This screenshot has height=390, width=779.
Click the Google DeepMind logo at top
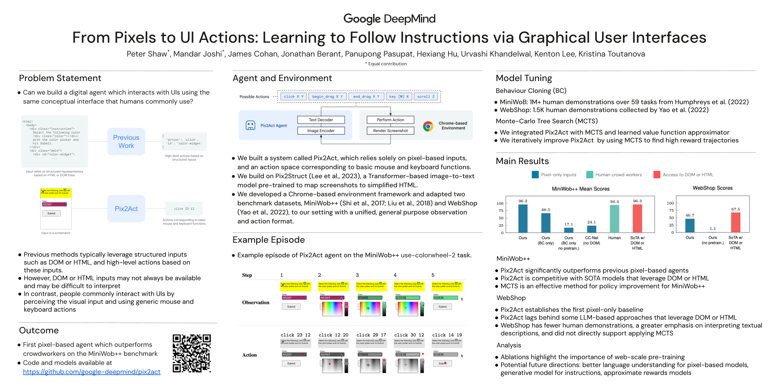click(x=389, y=19)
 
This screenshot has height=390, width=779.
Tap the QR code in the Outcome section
click(x=192, y=353)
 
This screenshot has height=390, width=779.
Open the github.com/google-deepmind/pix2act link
click(x=92, y=372)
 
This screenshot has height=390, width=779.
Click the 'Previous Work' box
click(x=126, y=141)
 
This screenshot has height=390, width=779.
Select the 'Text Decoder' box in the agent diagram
click(x=321, y=120)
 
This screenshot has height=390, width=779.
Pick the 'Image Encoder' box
click(x=321, y=131)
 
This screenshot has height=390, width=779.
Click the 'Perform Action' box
click(x=390, y=120)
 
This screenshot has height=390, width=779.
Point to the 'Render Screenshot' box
click(x=390, y=131)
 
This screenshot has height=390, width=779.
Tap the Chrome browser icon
click(x=428, y=126)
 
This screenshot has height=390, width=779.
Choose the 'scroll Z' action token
click(x=426, y=97)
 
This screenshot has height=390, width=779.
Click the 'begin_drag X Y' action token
click(x=327, y=97)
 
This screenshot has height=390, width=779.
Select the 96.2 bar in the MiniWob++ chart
click(x=523, y=218)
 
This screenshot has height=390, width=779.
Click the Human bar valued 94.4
click(x=614, y=219)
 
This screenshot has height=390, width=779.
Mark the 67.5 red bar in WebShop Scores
click(x=736, y=222)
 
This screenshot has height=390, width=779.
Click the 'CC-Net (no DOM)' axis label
click(x=591, y=240)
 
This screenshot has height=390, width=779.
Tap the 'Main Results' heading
click(x=522, y=161)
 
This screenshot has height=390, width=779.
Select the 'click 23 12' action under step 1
click(x=295, y=335)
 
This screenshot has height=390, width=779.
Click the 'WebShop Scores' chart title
click(x=713, y=188)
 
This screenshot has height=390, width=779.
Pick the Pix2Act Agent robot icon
click(x=251, y=125)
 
